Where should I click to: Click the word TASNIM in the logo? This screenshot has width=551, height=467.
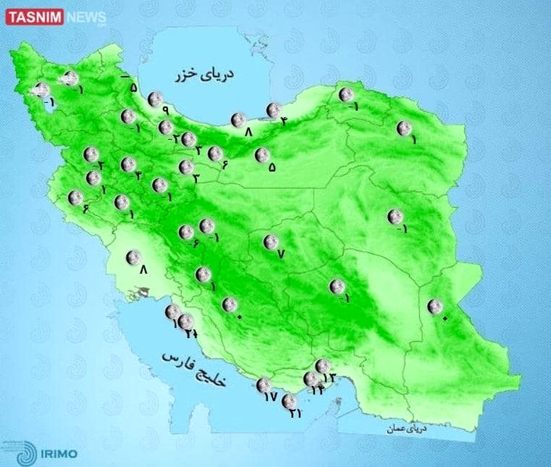[x=35, y=18]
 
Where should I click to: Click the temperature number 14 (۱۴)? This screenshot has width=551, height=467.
[x=318, y=390]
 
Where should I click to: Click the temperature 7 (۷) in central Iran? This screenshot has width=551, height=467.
[x=281, y=253]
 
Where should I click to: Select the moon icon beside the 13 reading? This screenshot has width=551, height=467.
[x=322, y=366]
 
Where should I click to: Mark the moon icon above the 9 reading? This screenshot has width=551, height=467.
[x=154, y=98]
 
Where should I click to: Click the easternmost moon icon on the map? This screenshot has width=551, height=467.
[x=434, y=306]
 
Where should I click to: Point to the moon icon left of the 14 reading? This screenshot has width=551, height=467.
[x=311, y=379]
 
